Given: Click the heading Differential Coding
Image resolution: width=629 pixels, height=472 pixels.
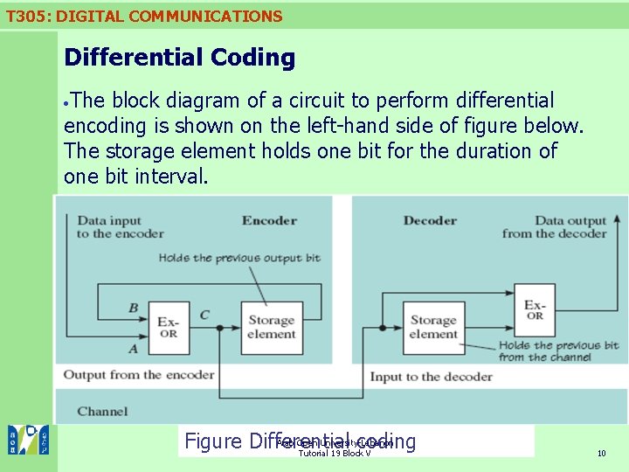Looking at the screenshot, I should point(179,58).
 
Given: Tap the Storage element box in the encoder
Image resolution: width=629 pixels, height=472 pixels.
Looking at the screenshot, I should point(270,328).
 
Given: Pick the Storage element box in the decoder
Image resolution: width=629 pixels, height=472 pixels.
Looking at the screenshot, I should point(433,328).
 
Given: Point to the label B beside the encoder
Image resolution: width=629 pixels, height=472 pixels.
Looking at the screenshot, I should point(133,308).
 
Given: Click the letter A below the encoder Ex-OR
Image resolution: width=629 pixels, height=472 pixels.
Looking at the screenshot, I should point(133,349).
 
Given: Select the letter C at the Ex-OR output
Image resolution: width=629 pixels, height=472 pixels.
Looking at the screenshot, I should point(204,315).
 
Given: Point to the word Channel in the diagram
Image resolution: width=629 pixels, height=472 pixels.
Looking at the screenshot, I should point(102,411).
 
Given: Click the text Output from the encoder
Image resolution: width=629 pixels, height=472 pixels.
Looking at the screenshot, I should point(138,375).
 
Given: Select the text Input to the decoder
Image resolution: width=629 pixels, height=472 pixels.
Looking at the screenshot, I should point(431,377).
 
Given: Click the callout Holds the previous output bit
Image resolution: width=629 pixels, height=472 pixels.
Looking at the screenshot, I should point(239,258).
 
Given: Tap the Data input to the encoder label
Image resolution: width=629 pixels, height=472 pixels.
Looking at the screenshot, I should point(120,227).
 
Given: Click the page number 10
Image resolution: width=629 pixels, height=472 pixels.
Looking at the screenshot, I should point(601,453).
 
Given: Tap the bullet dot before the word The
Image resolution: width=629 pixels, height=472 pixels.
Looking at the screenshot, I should point(67,103).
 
